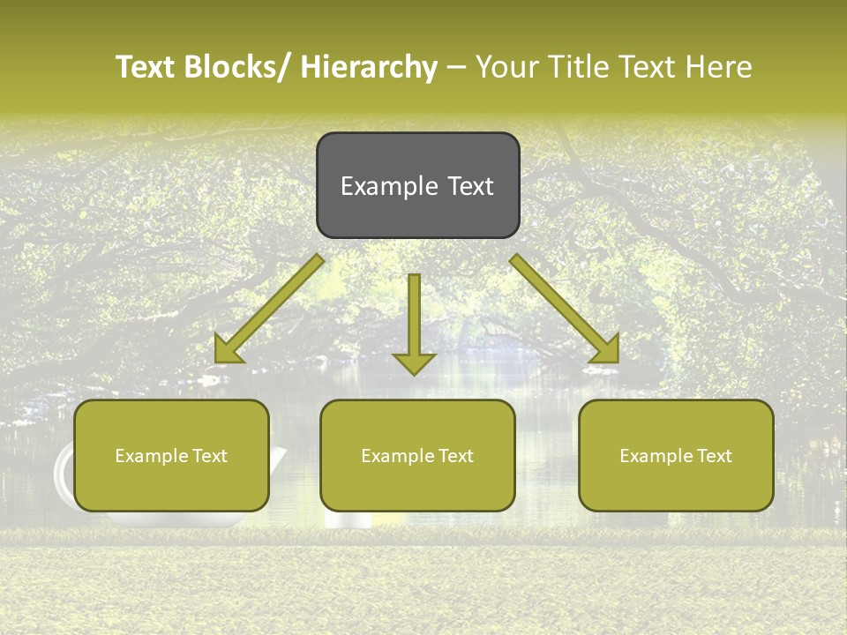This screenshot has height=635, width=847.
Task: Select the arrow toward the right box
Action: click(565, 309)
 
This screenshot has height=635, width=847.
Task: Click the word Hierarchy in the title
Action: click(369, 68)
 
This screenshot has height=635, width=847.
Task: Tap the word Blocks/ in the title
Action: click(235, 68)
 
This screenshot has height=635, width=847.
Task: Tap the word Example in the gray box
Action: click(389, 187)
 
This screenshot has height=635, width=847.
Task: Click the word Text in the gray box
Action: click(469, 187)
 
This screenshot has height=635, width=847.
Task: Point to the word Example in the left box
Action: click(147, 456)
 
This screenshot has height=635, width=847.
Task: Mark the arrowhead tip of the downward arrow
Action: click(414, 374)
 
